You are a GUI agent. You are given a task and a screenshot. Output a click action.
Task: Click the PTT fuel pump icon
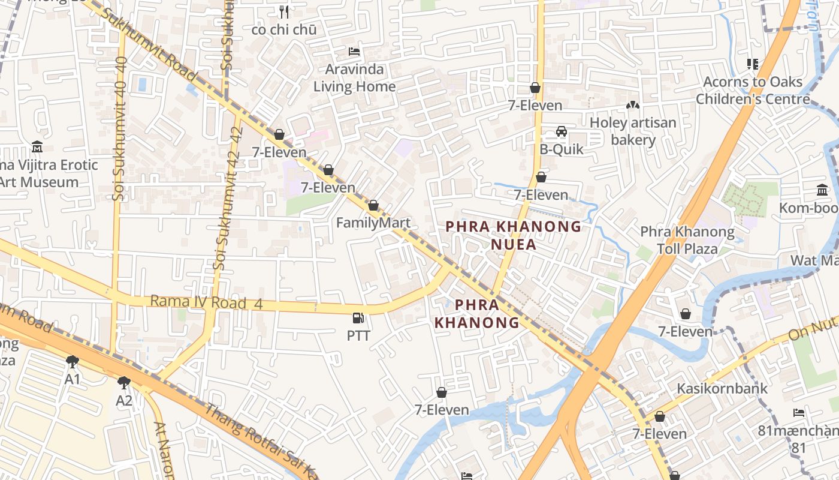pos(358,318)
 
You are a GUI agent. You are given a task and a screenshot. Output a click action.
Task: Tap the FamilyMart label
pos(373,223)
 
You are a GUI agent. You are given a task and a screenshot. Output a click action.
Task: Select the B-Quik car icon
pos(562,131)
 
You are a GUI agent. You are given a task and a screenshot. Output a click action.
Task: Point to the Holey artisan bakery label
pos(633,131)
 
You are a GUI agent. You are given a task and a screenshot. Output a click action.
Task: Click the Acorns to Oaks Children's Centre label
pos(753,91)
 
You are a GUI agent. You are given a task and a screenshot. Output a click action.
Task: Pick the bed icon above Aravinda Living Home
pos(354,51)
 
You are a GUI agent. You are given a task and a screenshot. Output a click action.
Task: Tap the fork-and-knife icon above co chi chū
pos(284,11)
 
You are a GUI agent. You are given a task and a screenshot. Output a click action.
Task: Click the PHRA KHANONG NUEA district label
pos(514,235)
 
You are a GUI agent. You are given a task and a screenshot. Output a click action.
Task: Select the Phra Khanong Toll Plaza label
pos(687,240)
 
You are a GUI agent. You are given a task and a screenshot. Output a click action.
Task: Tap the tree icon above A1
pos(73,361)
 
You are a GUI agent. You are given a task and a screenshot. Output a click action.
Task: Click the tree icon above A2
pos(124,382)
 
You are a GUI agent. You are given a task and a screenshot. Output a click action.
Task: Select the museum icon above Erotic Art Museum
pos(37,146)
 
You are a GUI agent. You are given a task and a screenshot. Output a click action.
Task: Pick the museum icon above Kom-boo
pos(822,190)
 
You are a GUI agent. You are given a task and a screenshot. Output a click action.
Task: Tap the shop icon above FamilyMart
pos(373,206)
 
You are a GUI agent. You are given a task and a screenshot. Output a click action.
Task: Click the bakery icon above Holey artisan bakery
pos(632,105)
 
